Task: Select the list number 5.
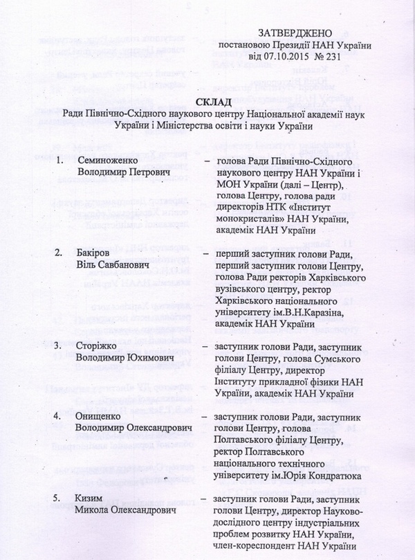(60, 498)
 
